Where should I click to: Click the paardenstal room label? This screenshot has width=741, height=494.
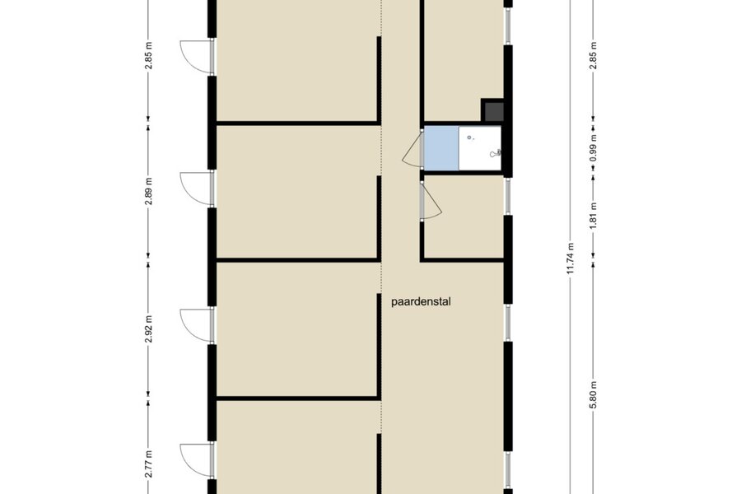pyautogui.click(x=421, y=301)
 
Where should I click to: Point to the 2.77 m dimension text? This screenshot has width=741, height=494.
pyautogui.click(x=148, y=464)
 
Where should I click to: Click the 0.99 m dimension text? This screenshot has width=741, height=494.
pyautogui.click(x=594, y=148)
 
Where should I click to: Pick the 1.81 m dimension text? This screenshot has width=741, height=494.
pyautogui.click(x=594, y=216)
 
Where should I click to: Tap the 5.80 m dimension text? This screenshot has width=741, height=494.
pyautogui.click(x=594, y=396)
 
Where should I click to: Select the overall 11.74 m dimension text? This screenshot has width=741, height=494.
pyautogui.click(x=571, y=259)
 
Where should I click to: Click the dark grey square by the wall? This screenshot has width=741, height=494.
pyautogui.click(x=492, y=110)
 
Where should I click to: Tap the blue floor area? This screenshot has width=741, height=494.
pyautogui.click(x=441, y=148)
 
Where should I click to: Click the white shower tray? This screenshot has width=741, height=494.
pyautogui.click(x=480, y=148)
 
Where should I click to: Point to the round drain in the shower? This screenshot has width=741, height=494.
pyautogui.click(x=469, y=137)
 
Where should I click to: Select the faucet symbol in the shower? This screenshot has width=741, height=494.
pyautogui.click(x=496, y=152)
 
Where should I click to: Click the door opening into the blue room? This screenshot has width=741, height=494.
pyautogui.click(x=412, y=149)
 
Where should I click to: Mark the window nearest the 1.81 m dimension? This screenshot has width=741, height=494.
pyautogui.click(x=508, y=197)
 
